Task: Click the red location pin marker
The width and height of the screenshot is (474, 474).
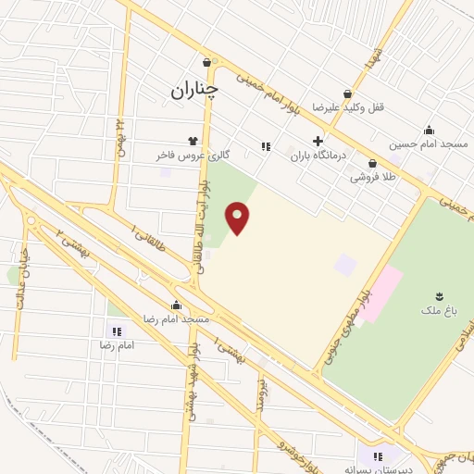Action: tap(238, 218)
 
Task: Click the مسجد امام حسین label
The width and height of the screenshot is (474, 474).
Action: tap(429, 143)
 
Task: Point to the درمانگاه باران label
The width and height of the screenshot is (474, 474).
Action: tap(318, 156)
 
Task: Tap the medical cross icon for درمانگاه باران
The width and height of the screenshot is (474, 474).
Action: tap(318, 142)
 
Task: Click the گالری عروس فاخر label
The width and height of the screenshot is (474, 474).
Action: tap(193, 156)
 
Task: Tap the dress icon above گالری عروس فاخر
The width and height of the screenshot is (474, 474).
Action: tap(193, 141)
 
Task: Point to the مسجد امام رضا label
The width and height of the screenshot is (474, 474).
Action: tap(176, 318)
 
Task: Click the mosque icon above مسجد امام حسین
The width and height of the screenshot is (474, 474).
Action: tap(429, 130)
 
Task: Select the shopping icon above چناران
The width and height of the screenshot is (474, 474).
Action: tap(207, 64)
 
